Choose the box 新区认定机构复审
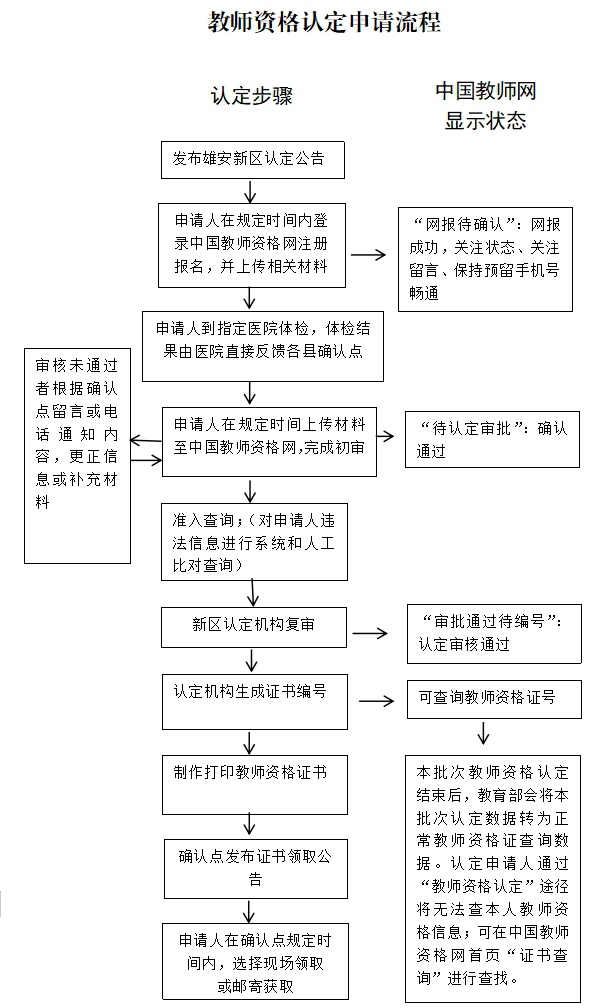coord(255,627)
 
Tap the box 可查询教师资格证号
coord(494,698)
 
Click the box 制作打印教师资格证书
coord(254,783)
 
